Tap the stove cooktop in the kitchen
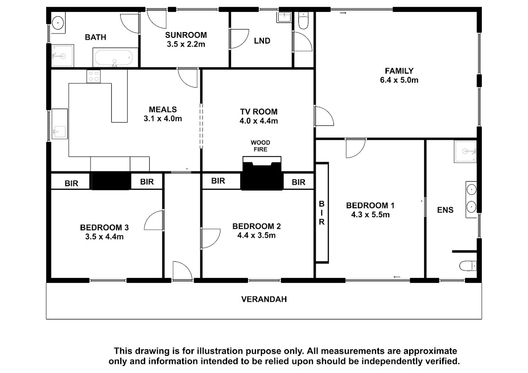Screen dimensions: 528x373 (x=94, y=77)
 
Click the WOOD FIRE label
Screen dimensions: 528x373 (x=260, y=146)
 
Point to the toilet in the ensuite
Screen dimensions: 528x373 (x=468, y=266)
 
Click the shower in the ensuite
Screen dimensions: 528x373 (x=465, y=151)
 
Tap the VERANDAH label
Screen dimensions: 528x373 (x=264, y=299)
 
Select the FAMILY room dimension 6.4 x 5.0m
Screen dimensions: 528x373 (x=399, y=80)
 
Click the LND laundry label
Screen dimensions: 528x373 (x=262, y=41)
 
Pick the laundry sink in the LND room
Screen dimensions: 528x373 (x=284, y=17)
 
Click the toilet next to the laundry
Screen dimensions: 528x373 (x=303, y=21)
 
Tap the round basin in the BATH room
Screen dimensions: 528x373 (x=58, y=23)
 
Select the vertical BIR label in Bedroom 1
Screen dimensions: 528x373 (x=322, y=213)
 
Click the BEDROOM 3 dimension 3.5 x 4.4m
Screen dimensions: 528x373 (x=104, y=237)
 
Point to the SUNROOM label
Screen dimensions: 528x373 (x=186, y=35)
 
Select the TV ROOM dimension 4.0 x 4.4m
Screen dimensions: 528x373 (x=259, y=121)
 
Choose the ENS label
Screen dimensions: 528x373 (x=445, y=210)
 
